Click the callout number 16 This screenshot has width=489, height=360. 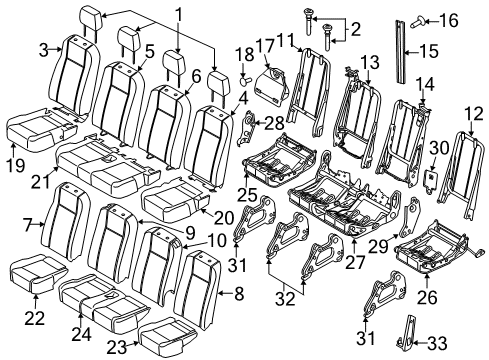point(449,21)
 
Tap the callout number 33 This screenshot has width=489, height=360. point(437,342)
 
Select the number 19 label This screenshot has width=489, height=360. point(16,165)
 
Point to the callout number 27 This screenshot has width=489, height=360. point(355,261)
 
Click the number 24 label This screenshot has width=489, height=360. point(81,334)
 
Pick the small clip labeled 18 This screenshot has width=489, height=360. point(246,80)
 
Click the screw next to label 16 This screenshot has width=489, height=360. point(416,24)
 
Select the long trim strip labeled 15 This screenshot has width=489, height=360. point(401,51)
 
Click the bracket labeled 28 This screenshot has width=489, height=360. point(247,129)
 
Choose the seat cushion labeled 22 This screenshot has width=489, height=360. point(37,273)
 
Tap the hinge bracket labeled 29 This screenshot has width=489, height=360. point(409,216)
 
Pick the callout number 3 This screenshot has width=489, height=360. point(44,51)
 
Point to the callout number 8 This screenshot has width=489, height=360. point(239,294)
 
